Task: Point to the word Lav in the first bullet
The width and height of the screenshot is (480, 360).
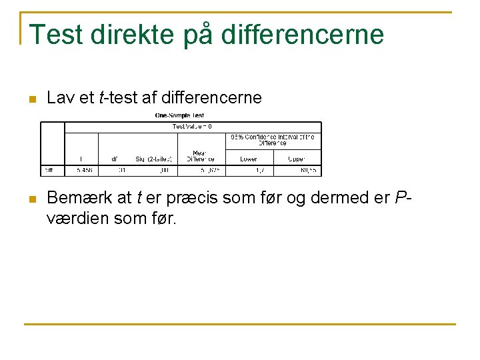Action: [59, 98]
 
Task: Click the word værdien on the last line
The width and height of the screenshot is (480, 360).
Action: [75, 217]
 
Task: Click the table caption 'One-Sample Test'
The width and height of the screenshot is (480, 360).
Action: [180, 116]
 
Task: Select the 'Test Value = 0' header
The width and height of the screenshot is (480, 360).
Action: [192, 126]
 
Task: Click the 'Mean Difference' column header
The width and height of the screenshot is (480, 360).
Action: [201, 156]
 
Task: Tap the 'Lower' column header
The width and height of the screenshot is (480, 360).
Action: [249, 159]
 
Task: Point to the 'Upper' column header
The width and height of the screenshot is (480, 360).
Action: [297, 159]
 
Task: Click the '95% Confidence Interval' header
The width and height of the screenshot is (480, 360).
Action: [273, 139]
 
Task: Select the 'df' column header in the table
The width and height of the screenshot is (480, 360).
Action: [115, 159]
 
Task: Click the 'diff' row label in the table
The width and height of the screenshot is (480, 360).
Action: [49, 171]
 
